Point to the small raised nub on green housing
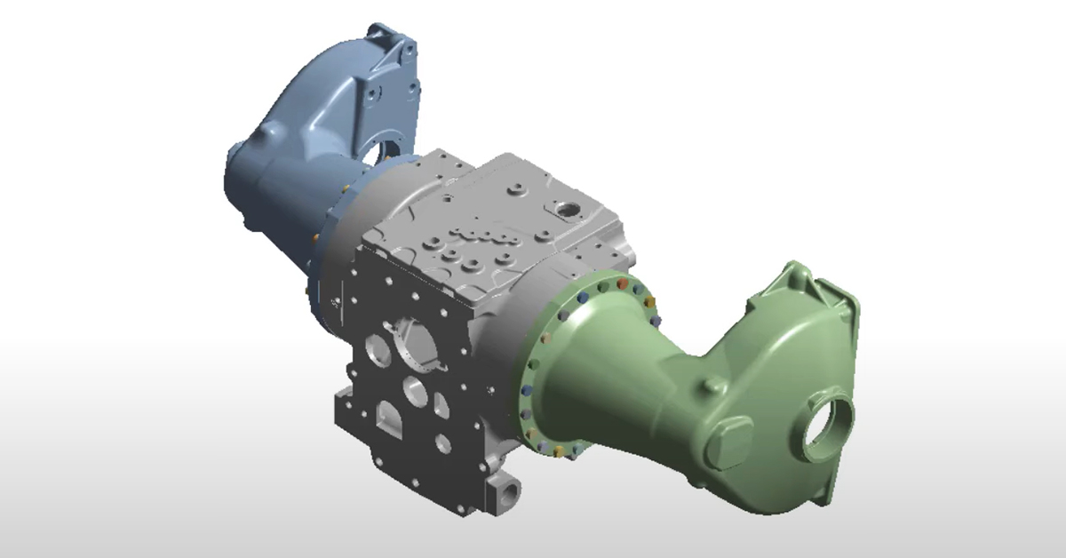point(713,386)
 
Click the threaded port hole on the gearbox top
point(565,210)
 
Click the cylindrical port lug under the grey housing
point(509,489)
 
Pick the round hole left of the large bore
point(372,348)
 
